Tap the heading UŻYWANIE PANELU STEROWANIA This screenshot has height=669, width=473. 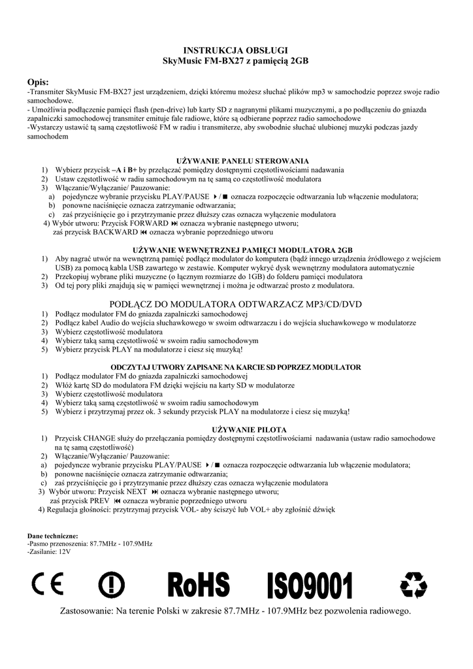tap(243, 160)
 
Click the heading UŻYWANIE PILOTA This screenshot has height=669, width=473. tap(243, 429)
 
